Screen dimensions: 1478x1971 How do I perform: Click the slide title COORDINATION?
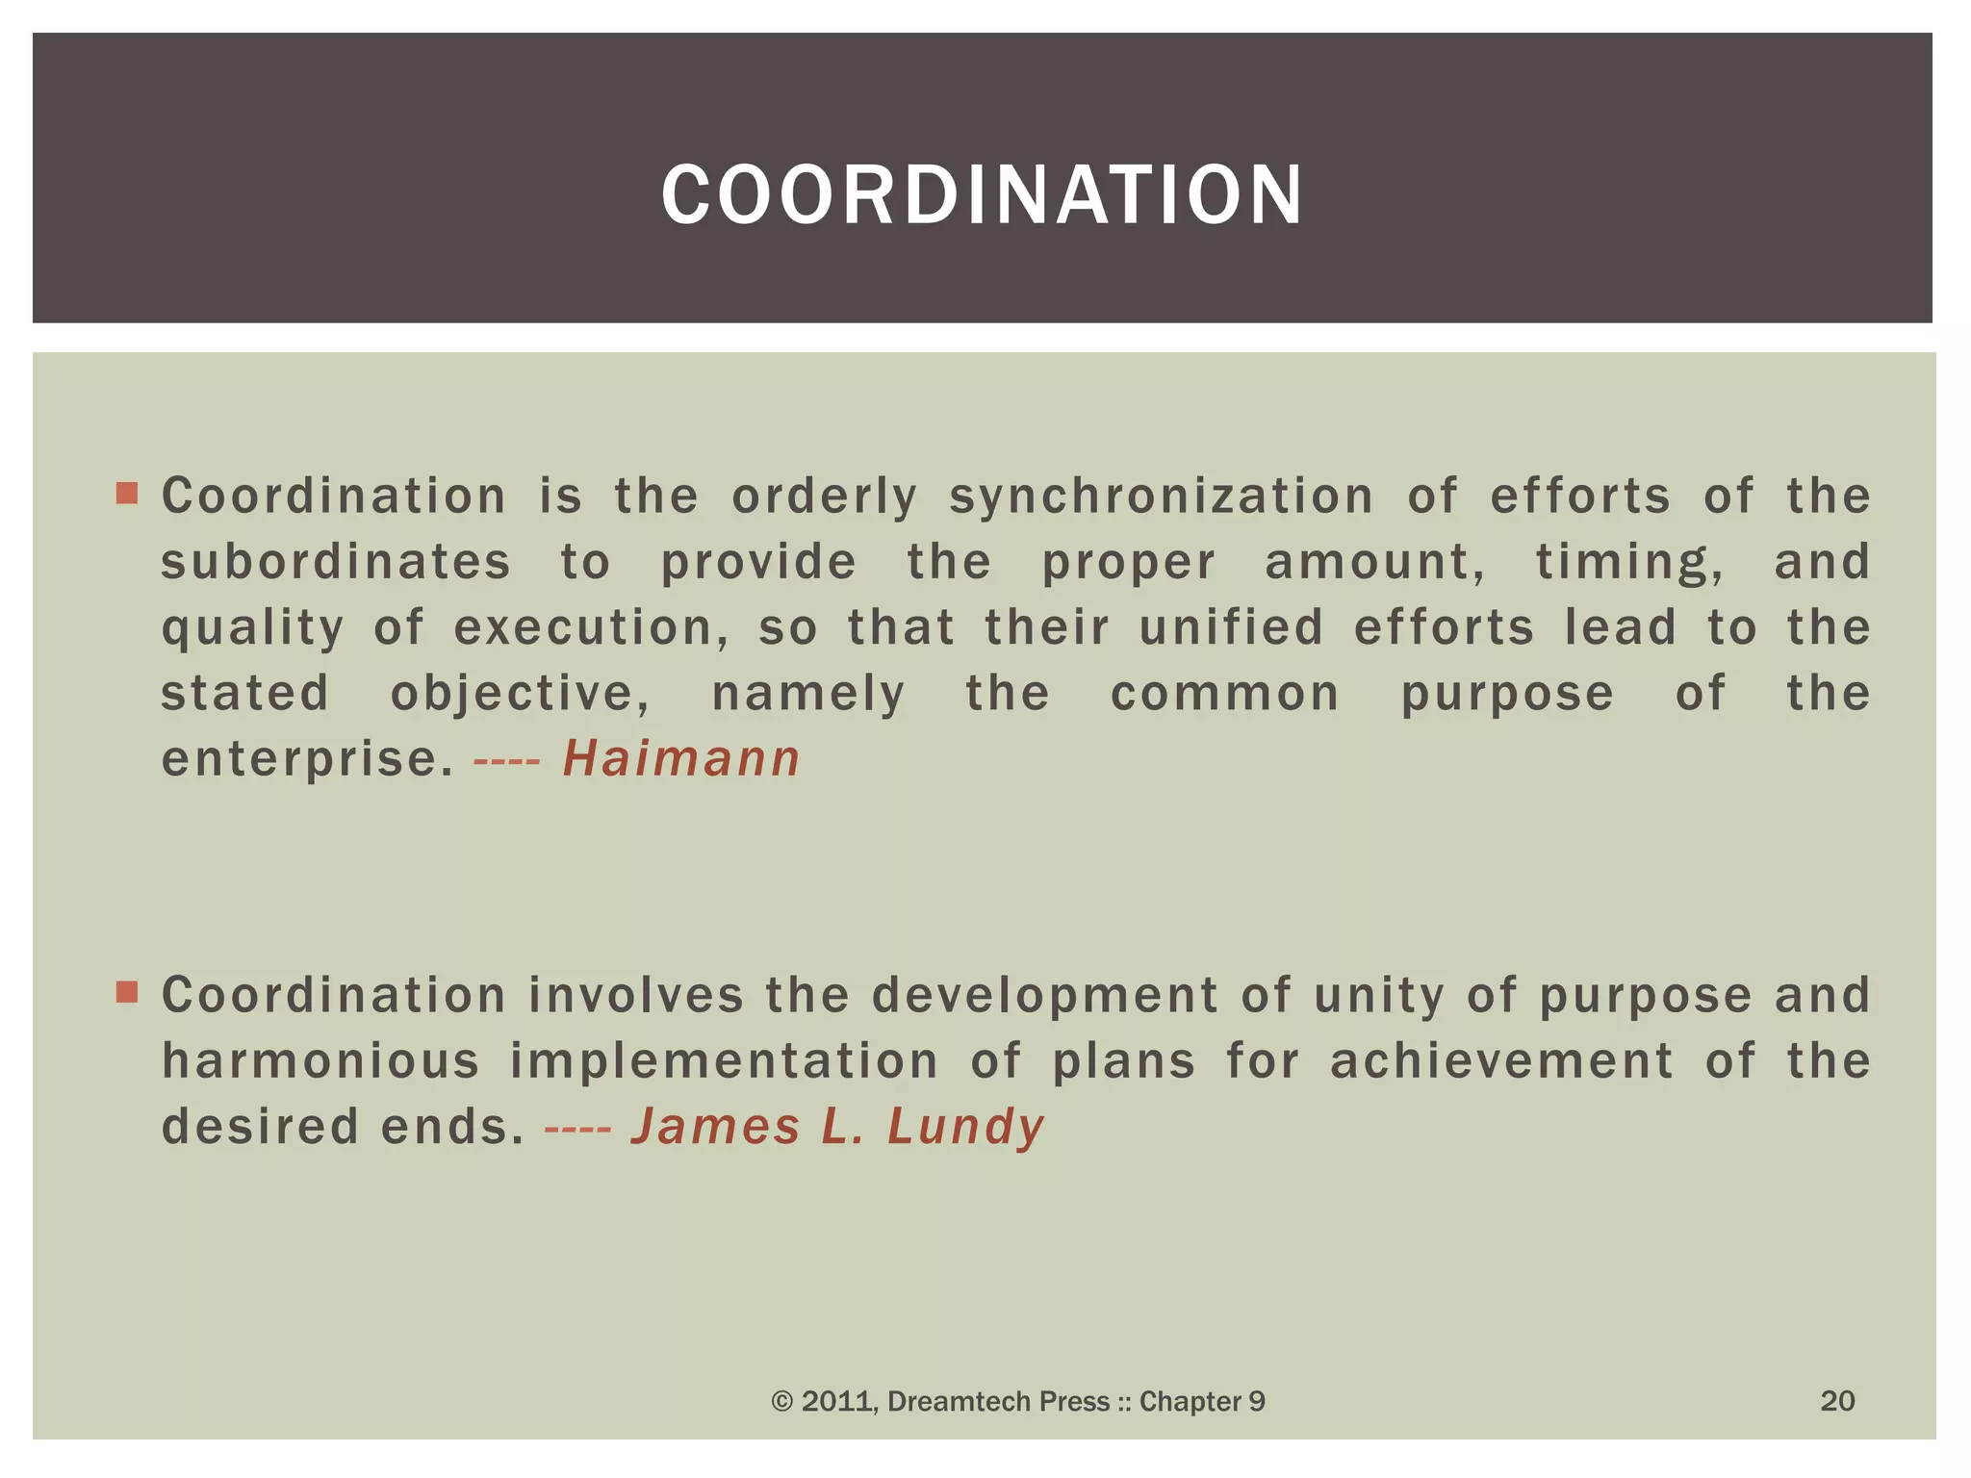(x=982, y=194)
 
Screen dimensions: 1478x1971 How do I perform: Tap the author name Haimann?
(x=681, y=758)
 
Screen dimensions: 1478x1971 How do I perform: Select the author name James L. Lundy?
(x=837, y=1126)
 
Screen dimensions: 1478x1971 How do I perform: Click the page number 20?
(x=1837, y=1400)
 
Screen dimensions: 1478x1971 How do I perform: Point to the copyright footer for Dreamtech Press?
(x=1018, y=1401)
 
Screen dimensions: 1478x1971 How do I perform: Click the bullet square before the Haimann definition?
(x=127, y=495)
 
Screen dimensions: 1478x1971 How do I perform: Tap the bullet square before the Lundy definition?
(x=127, y=992)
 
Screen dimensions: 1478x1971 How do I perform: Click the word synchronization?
(x=1162, y=497)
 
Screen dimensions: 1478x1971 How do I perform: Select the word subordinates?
(x=336, y=562)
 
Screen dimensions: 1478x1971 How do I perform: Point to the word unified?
(x=1232, y=627)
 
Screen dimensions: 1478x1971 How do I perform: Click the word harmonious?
(x=320, y=1060)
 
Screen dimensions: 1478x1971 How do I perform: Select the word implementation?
(x=724, y=1060)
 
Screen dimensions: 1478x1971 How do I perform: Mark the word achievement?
(x=1502, y=1060)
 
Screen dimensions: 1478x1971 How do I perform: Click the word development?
(x=1045, y=995)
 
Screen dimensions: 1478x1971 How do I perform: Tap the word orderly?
(x=825, y=497)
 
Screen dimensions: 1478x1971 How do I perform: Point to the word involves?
(x=636, y=995)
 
